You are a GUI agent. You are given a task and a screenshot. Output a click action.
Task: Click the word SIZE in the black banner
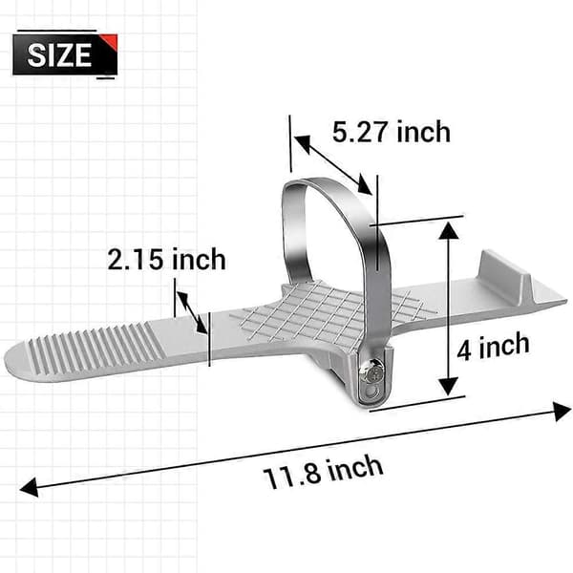59,54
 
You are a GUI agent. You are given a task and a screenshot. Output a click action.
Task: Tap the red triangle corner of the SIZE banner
111,40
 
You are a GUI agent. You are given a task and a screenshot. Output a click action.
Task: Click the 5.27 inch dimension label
391,132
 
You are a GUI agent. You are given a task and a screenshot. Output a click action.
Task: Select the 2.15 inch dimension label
166,259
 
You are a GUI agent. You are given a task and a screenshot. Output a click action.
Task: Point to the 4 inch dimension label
493,347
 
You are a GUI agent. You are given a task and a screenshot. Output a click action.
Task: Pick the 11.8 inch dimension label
323,472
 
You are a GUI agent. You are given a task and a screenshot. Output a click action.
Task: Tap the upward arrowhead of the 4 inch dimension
448,230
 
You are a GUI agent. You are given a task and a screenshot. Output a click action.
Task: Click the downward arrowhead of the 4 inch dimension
448,387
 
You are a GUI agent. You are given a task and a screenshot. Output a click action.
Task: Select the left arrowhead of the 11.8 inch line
30,487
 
